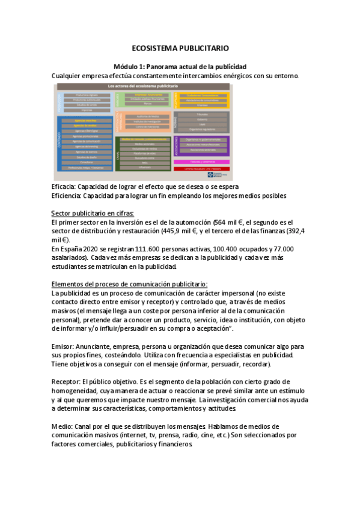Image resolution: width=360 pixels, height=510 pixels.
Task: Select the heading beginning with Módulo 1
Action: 180,66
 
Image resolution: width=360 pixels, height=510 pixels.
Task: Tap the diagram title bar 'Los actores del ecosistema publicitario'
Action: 142,87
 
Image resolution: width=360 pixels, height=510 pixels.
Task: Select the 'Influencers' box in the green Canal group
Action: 144,167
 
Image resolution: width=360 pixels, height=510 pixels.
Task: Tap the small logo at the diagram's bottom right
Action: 222,176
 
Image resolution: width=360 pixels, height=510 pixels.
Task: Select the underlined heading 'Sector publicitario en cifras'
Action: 93,213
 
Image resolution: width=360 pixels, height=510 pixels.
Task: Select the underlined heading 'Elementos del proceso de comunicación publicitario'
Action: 130,284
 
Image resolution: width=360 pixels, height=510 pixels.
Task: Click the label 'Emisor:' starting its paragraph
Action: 64,346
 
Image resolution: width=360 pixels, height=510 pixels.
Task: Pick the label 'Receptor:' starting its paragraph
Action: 67,381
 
